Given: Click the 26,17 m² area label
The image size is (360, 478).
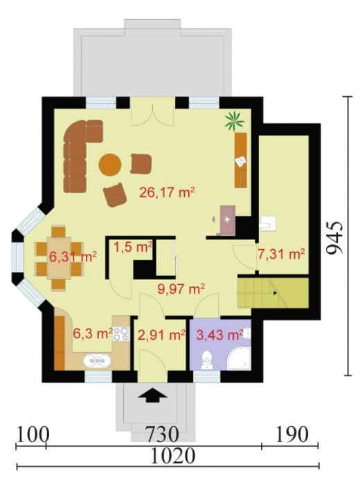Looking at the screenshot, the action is point(167,192).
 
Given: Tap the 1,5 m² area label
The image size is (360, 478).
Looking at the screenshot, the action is point(133,247).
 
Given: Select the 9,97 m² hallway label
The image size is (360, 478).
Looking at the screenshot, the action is point(181,288).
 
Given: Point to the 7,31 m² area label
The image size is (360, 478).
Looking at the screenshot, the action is point(281,254).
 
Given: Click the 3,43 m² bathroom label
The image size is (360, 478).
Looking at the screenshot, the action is point(219,335).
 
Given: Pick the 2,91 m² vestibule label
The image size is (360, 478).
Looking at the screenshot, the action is point(161,335).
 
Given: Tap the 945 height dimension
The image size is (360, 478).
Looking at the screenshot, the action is point(334,238).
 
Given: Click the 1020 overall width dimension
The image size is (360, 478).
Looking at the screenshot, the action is point(173,456).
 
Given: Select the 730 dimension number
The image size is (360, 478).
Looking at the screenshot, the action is point(162,434).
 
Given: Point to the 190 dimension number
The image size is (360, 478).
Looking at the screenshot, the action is point(292,434).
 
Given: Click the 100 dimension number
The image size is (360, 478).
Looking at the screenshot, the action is point(32,434).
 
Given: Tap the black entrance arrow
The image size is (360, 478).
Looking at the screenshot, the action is point(152,396).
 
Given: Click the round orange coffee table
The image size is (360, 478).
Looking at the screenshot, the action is point(110,165).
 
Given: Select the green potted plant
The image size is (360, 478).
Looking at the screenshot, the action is point(234,122).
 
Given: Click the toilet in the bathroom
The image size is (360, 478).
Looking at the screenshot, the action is point(206,360).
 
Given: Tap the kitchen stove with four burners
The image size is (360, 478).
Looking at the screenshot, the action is point(121,334).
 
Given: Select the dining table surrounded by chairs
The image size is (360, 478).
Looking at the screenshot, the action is point(59,257).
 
